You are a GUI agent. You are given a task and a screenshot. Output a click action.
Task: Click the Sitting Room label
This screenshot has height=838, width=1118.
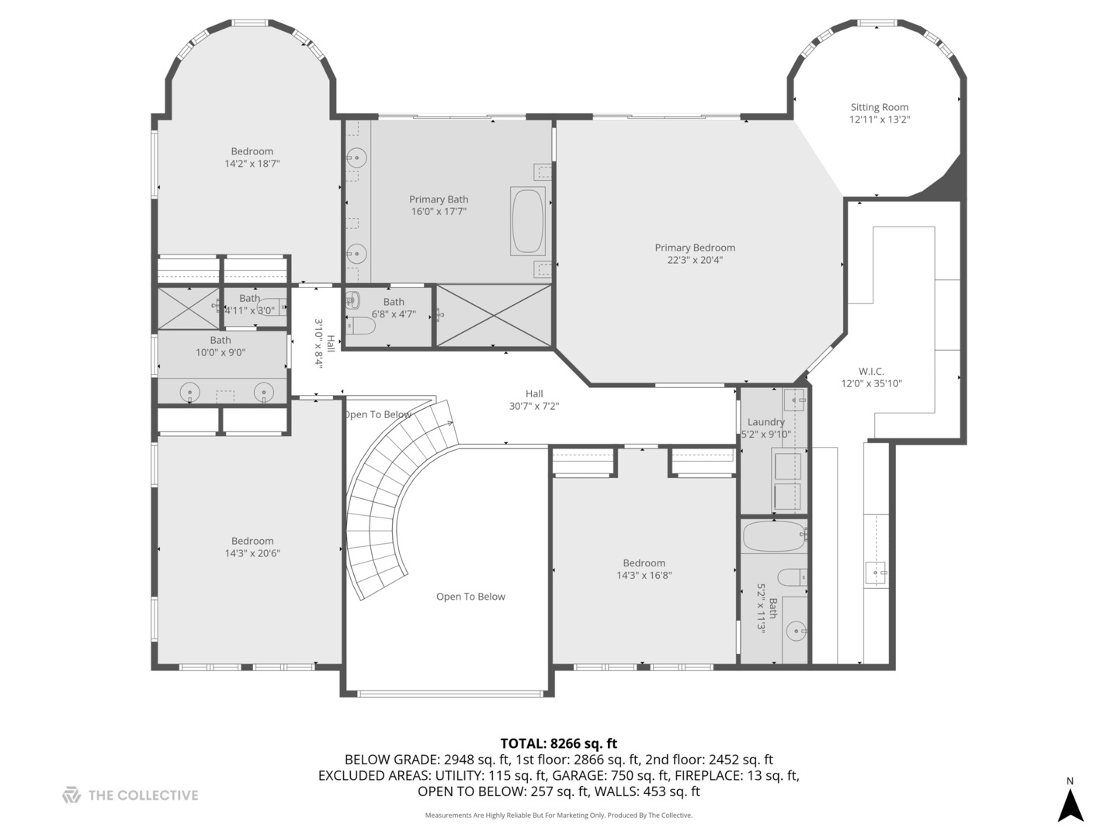tap(879, 108)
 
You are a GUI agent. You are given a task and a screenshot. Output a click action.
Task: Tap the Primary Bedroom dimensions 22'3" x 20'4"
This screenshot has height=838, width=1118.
tap(694, 261)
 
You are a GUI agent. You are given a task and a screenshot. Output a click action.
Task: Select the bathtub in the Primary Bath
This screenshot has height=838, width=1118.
tap(528, 220)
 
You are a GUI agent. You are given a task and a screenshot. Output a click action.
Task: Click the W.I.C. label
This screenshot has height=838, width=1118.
tap(871, 372)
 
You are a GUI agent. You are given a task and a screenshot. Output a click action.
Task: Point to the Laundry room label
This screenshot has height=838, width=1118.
tap(766, 422)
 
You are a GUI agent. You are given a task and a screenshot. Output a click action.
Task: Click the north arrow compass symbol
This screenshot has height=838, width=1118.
tap(1071, 805)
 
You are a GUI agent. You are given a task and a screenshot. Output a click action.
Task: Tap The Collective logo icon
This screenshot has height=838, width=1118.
tap(71, 795)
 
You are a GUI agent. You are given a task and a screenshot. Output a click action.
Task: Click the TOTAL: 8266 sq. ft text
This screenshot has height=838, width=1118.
tap(558, 743)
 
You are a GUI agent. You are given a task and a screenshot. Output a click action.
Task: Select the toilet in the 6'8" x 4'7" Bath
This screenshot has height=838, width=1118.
tap(360, 327)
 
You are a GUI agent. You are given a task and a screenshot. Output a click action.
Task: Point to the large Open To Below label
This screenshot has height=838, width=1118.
tap(470, 597)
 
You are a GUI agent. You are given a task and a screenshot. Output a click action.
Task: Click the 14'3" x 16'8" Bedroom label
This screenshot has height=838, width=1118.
tap(644, 563)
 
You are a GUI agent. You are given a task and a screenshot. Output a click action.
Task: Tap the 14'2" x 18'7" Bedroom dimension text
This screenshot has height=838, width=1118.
tap(252, 164)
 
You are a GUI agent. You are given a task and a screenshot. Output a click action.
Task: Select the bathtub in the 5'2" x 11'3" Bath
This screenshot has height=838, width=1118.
tap(774, 536)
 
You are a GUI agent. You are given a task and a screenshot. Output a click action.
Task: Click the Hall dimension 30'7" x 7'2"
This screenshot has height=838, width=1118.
tap(533, 406)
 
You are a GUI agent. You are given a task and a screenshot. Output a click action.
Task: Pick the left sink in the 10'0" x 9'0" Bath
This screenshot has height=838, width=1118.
tap(190, 393)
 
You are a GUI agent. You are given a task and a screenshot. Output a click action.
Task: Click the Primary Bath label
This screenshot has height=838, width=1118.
tap(439, 199)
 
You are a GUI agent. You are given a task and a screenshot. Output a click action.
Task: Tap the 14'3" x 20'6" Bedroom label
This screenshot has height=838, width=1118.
tap(252, 541)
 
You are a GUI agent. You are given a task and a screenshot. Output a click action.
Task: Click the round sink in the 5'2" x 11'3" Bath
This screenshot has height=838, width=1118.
tap(796, 632)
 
